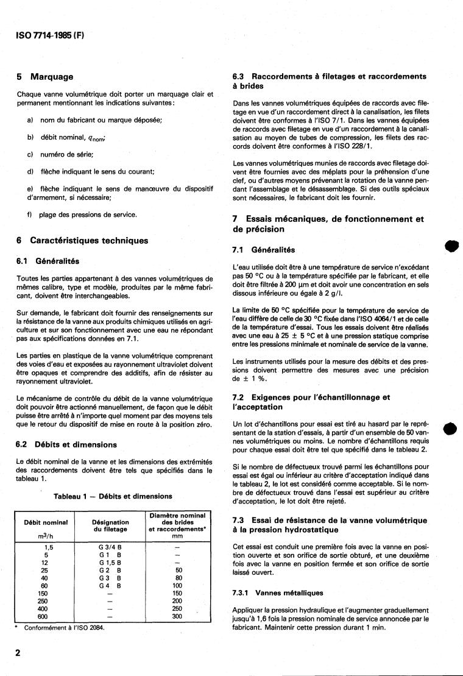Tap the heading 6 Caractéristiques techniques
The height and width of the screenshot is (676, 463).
(81, 241)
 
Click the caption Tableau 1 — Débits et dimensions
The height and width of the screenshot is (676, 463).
(113, 496)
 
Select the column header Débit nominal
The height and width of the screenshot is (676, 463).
(45, 522)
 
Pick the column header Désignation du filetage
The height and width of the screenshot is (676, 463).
(110, 526)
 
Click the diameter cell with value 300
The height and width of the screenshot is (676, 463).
(177, 616)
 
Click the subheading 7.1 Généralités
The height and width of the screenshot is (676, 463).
(264, 250)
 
